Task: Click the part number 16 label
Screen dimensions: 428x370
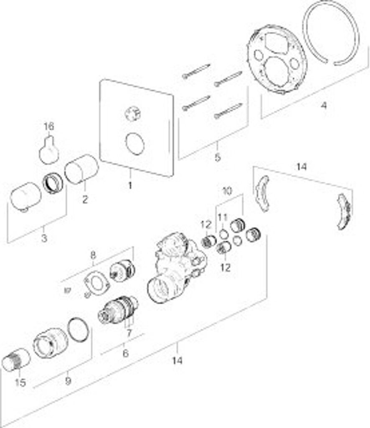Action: pyautogui.click(x=49, y=126)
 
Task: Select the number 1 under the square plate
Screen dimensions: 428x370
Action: pyautogui.click(x=129, y=185)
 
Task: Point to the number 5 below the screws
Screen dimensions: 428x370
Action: pyautogui.click(x=217, y=158)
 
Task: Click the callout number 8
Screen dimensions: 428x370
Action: pyautogui.click(x=93, y=255)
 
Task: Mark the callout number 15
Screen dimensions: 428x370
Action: pyautogui.click(x=20, y=382)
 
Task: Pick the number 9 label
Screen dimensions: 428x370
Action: pyautogui.click(x=68, y=381)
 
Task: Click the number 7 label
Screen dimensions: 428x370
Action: pyautogui.click(x=129, y=333)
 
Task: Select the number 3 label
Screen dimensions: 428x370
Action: pyautogui.click(x=44, y=238)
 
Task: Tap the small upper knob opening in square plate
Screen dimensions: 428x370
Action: pyautogui.click(x=133, y=114)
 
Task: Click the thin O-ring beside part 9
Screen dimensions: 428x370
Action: pyautogui.click(x=78, y=329)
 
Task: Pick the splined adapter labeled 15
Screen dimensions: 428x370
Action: pyautogui.click(x=16, y=359)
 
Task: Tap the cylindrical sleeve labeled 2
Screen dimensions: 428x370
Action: pyautogui.click(x=81, y=169)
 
